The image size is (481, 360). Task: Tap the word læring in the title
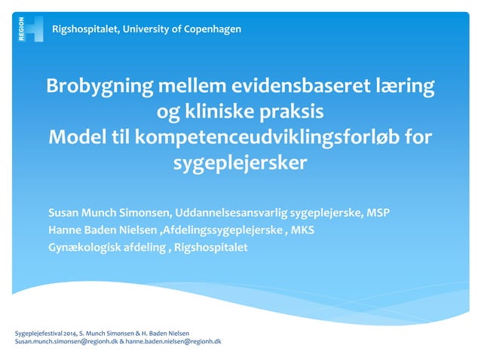pyautogui.click(x=407, y=87)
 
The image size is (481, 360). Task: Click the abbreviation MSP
pyautogui.click(x=378, y=212)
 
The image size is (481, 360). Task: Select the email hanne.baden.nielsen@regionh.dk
pyautogui.click(x=173, y=341)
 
